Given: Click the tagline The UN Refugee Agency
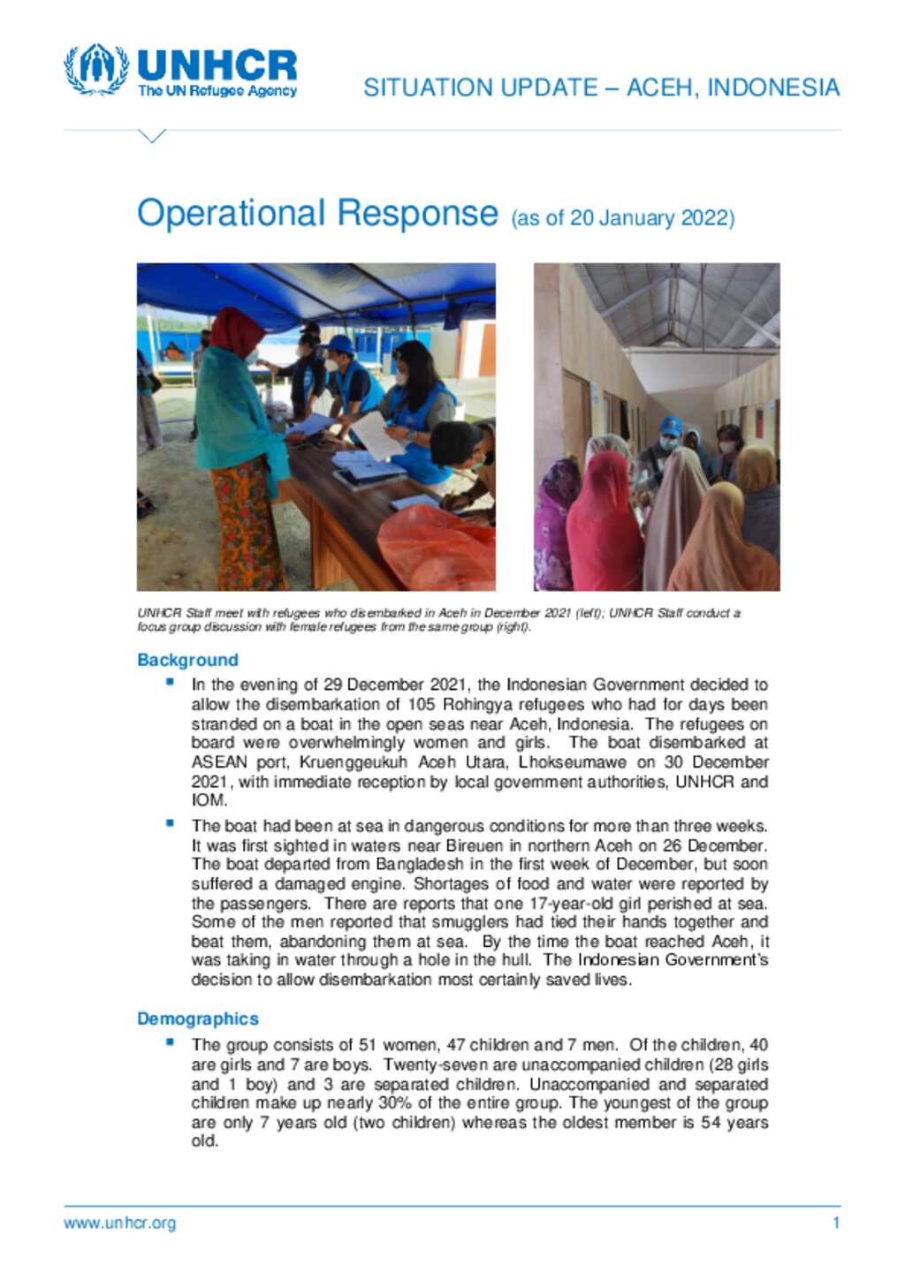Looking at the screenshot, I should click(217, 91).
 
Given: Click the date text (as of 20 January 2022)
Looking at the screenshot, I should click(623, 218).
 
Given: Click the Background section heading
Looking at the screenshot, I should click(187, 660).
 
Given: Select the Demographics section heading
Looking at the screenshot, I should click(197, 1019).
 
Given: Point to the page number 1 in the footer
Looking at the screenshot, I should click(835, 1223).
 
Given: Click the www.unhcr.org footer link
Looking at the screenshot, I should click(119, 1223).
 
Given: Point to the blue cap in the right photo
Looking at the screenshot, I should click(671, 425).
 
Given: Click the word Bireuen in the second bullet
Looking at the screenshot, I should click(469, 845).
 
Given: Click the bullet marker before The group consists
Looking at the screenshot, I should click(170, 1041).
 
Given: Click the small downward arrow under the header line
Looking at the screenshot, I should click(152, 136).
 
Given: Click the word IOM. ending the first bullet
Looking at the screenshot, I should click(209, 801).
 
